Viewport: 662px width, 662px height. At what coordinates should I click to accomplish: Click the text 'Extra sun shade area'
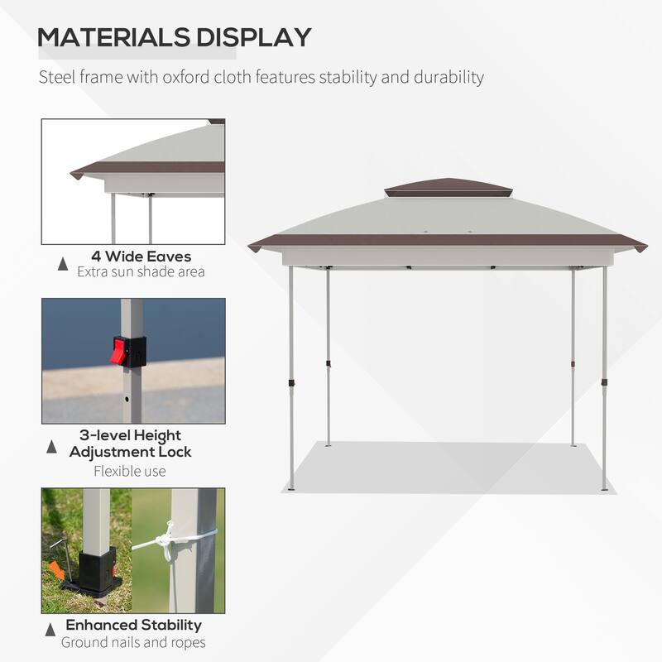(x=141, y=271)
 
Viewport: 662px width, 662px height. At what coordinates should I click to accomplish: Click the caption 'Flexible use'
(x=130, y=472)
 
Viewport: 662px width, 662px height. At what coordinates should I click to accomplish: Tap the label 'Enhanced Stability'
(x=134, y=625)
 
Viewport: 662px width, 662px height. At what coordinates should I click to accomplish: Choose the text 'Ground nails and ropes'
(x=134, y=642)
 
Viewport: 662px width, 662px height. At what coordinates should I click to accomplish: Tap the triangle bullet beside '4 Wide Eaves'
(x=63, y=264)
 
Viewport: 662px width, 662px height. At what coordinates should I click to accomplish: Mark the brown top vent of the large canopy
(x=448, y=188)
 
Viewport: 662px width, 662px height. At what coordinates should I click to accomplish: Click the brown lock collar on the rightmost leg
(x=603, y=382)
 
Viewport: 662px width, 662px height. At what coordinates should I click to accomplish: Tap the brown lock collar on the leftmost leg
(x=290, y=382)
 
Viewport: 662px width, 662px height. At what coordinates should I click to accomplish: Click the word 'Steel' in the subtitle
(x=55, y=78)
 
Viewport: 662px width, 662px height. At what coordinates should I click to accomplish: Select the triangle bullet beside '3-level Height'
(x=52, y=446)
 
